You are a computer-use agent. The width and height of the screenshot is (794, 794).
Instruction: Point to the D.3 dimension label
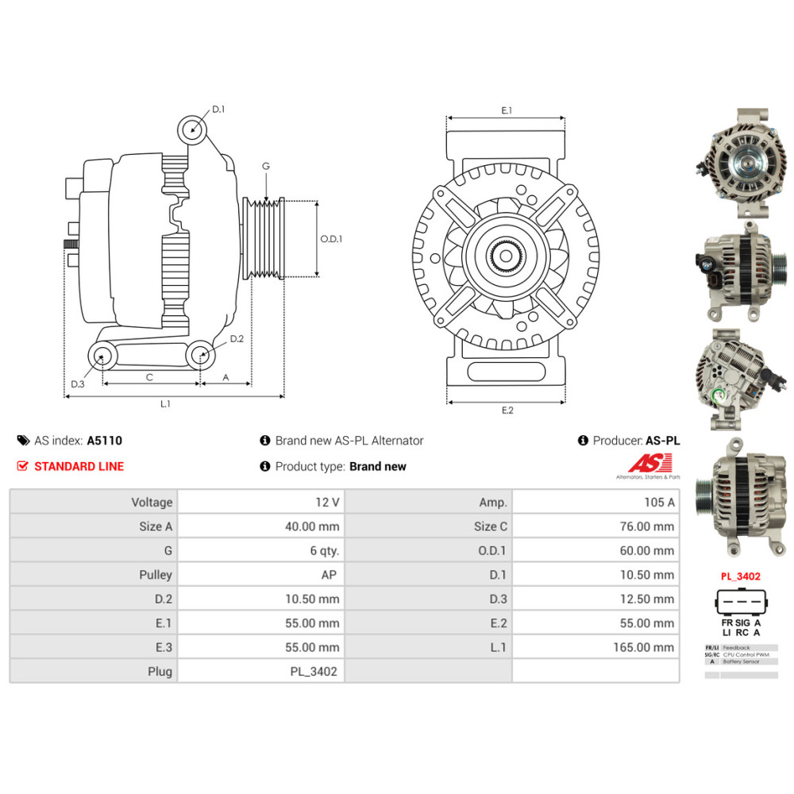click(x=77, y=384)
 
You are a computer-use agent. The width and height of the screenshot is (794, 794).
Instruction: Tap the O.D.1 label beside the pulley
click(x=331, y=238)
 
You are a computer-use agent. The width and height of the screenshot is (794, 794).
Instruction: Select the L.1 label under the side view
click(x=165, y=404)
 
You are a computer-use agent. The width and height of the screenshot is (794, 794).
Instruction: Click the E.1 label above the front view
click(x=507, y=111)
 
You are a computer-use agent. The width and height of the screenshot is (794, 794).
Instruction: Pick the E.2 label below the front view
click(x=507, y=410)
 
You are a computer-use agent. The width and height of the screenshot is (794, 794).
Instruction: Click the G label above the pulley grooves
click(x=266, y=166)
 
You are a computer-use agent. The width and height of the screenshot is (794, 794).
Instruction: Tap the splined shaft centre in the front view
click(x=506, y=256)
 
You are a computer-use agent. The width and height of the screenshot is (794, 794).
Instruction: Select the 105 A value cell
click(x=660, y=502)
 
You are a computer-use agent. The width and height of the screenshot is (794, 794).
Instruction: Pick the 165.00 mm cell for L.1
click(x=643, y=647)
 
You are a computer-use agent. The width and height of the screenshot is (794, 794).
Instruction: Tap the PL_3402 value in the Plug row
click(x=314, y=672)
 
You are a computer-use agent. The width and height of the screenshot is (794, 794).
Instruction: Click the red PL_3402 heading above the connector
click(x=741, y=576)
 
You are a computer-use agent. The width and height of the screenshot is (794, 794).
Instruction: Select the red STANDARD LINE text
click(x=79, y=466)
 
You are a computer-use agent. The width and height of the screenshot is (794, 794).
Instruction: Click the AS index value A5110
click(x=105, y=441)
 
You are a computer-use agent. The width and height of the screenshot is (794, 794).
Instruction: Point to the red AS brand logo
click(x=649, y=463)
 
